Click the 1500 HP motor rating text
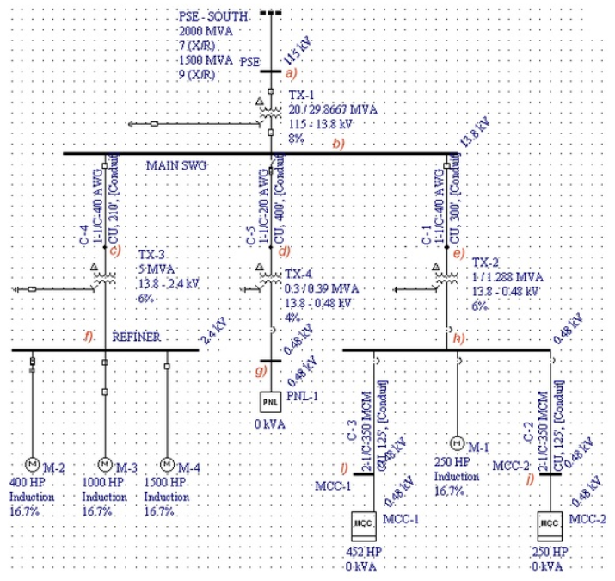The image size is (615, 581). pyautogui.click(x=166, y=484)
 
